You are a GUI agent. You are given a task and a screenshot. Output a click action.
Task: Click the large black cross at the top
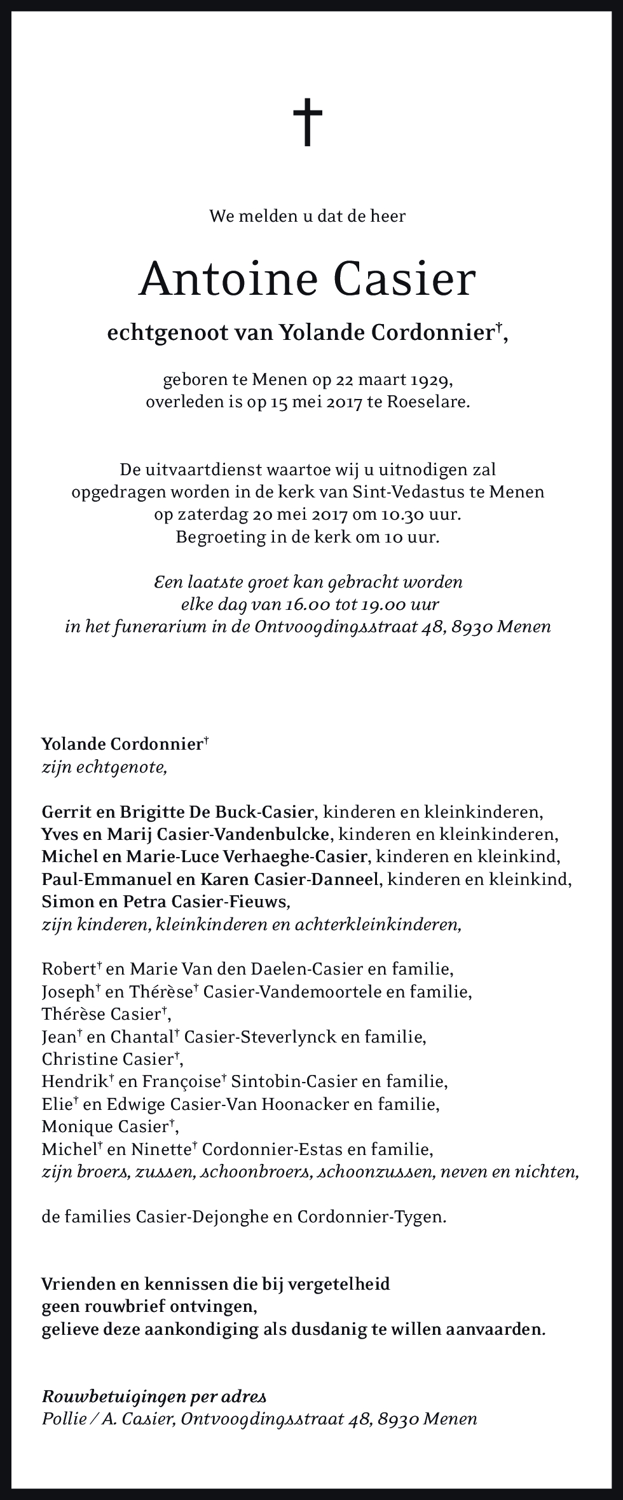point(308,122)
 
